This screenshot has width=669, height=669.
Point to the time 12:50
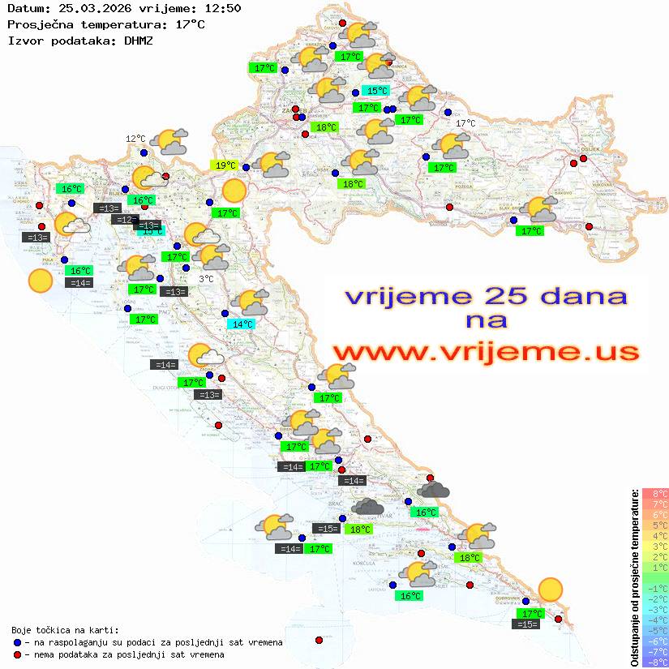coord(222,9)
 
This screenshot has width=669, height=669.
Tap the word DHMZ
coord(133,40)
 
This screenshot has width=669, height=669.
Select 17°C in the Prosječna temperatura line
coord(190,24)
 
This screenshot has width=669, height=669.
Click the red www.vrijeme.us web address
coord(485,352)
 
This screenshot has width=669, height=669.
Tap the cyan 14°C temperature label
coord(242,324)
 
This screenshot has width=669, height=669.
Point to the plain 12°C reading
coord(135,139)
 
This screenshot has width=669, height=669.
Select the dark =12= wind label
coord(124,220)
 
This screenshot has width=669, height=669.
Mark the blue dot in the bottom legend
coord(18,642)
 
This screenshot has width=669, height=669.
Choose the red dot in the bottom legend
coord(18,654)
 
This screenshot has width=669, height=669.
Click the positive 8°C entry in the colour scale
coord(655,494)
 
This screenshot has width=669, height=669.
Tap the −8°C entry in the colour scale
coord(654,662)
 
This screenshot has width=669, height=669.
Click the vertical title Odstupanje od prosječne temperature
coord(635,577)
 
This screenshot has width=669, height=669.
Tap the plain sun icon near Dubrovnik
coord(551,589)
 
